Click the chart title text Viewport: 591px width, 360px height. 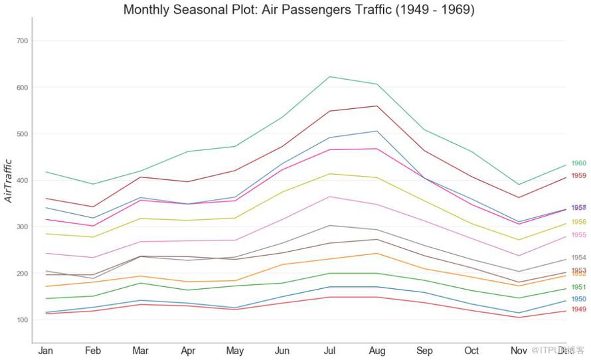pos(299,10)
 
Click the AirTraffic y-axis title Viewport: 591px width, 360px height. pos(9,181)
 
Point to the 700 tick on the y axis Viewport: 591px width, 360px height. pos(22,41)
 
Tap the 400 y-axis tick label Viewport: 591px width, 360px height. pos(22,181)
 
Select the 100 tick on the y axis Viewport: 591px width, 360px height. pos(22,320)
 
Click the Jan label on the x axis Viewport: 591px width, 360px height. pos(46,351)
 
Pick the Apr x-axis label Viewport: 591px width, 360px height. pos(188,351)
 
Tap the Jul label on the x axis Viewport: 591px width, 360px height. pos(330,351)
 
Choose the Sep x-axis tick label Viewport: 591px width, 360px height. pos(424,351)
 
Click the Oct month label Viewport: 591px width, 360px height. pos(471,351)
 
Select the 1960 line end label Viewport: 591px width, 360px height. pos(578,163)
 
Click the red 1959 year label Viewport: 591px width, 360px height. pos(578,176)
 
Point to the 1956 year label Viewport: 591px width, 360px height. pos(578,223)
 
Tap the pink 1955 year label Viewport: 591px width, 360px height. pos(578,235)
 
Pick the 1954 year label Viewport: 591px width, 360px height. pos(578,258)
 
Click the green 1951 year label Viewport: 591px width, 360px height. pos(578,288)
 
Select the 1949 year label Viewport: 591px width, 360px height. pos(578,310)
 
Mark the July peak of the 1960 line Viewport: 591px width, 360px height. pos(330,76)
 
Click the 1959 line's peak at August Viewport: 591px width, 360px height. pos(377,106)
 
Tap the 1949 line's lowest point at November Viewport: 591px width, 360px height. pos(519,317)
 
